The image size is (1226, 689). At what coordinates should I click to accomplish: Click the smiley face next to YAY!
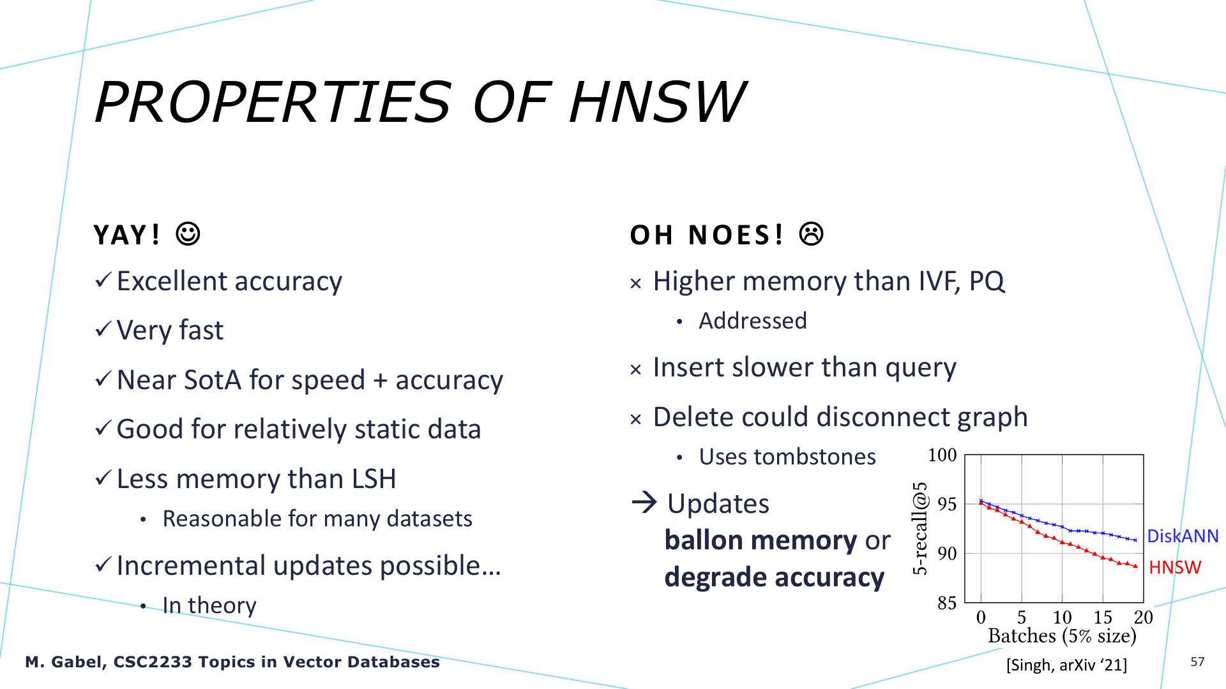click(188, 234)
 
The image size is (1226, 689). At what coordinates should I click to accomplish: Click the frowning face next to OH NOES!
click(812, 234)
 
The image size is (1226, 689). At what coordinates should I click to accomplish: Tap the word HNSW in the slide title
click(657, 102)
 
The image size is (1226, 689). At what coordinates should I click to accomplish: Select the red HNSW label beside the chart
click(1175, 567)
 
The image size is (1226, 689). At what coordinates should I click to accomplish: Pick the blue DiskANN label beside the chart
click(1183, 536)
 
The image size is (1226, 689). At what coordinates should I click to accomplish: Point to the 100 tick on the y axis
click(942, 455)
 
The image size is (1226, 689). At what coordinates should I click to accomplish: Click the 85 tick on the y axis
click(947, 602)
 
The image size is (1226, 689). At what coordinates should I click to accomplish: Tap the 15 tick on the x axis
click(1103, 617)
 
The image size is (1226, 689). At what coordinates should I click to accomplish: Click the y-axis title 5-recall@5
click(919, 528)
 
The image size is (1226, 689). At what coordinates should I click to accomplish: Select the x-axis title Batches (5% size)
click(1062, 636)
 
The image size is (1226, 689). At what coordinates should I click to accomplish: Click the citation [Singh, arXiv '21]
click(1066, 665)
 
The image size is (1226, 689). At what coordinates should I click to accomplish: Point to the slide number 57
click(1197, 662)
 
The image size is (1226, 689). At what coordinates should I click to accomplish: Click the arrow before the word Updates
click(644, 502)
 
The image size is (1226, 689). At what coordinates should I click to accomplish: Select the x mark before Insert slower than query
click(635, 369)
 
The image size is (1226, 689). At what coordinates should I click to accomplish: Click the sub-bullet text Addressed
click(753, 320)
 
